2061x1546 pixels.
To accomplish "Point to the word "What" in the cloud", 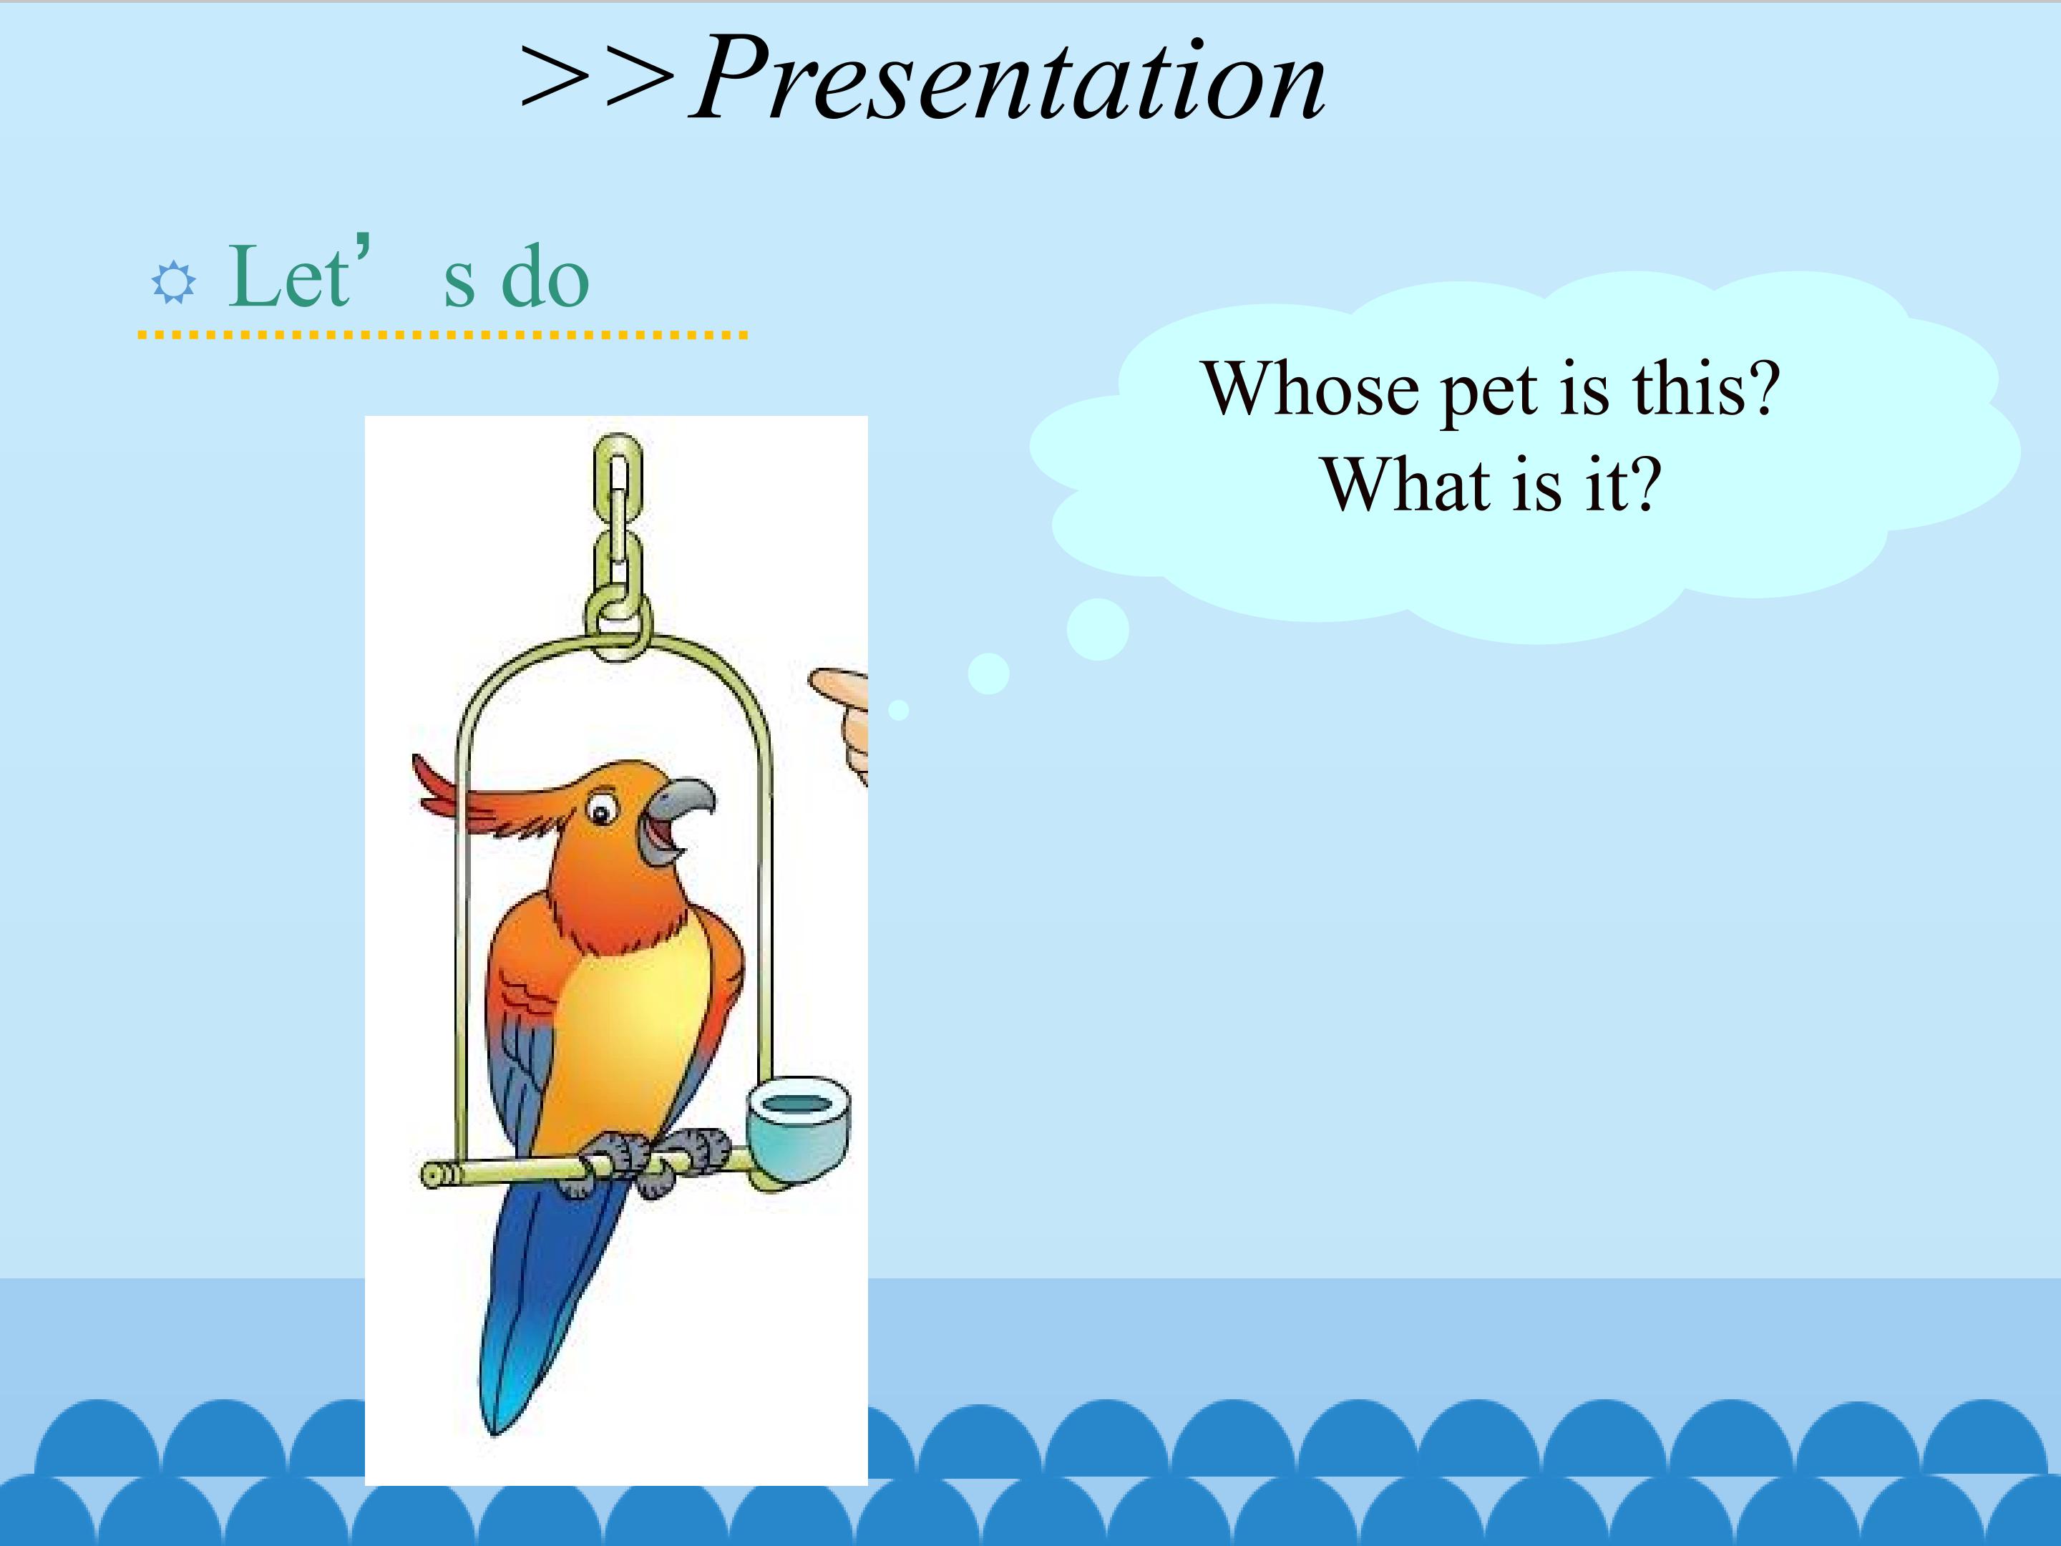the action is pyautogui.click(x=1409, y=485).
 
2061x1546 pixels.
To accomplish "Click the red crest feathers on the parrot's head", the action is pyautogui.click(x=466, y=792).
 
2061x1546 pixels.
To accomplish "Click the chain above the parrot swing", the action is pyautogui.click(x=618, y=540).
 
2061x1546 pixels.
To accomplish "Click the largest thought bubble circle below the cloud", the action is pyautogui.click(x=1098, y=630).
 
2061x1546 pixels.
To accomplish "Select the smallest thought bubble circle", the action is pyautogui.click(x=898, y=710).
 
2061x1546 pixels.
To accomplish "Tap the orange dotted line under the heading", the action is pyautogui.click(x=442, y=334).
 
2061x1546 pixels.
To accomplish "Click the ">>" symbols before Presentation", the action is pyautogui.click(x=596, y=80).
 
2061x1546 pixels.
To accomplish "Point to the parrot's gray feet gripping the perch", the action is pyautogui.click(x=652, y=1160).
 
